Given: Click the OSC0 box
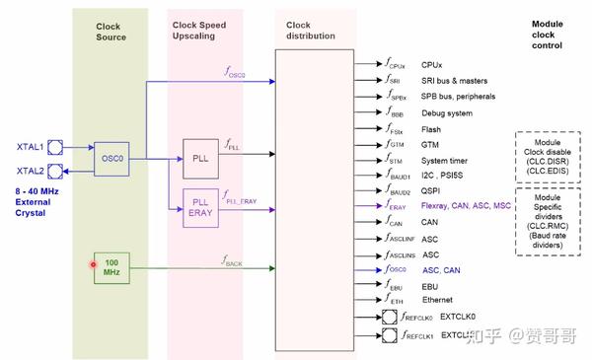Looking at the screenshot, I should click(111, 158).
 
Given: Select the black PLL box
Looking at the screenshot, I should click(201, 157).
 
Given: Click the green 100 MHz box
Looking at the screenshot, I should click(111, 266).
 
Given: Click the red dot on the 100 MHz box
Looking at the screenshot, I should click(94, 264).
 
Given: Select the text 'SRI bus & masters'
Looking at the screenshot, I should click(458, 80).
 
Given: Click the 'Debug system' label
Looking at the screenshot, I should click(448, 112).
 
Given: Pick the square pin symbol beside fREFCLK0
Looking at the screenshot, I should click(389, 318).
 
